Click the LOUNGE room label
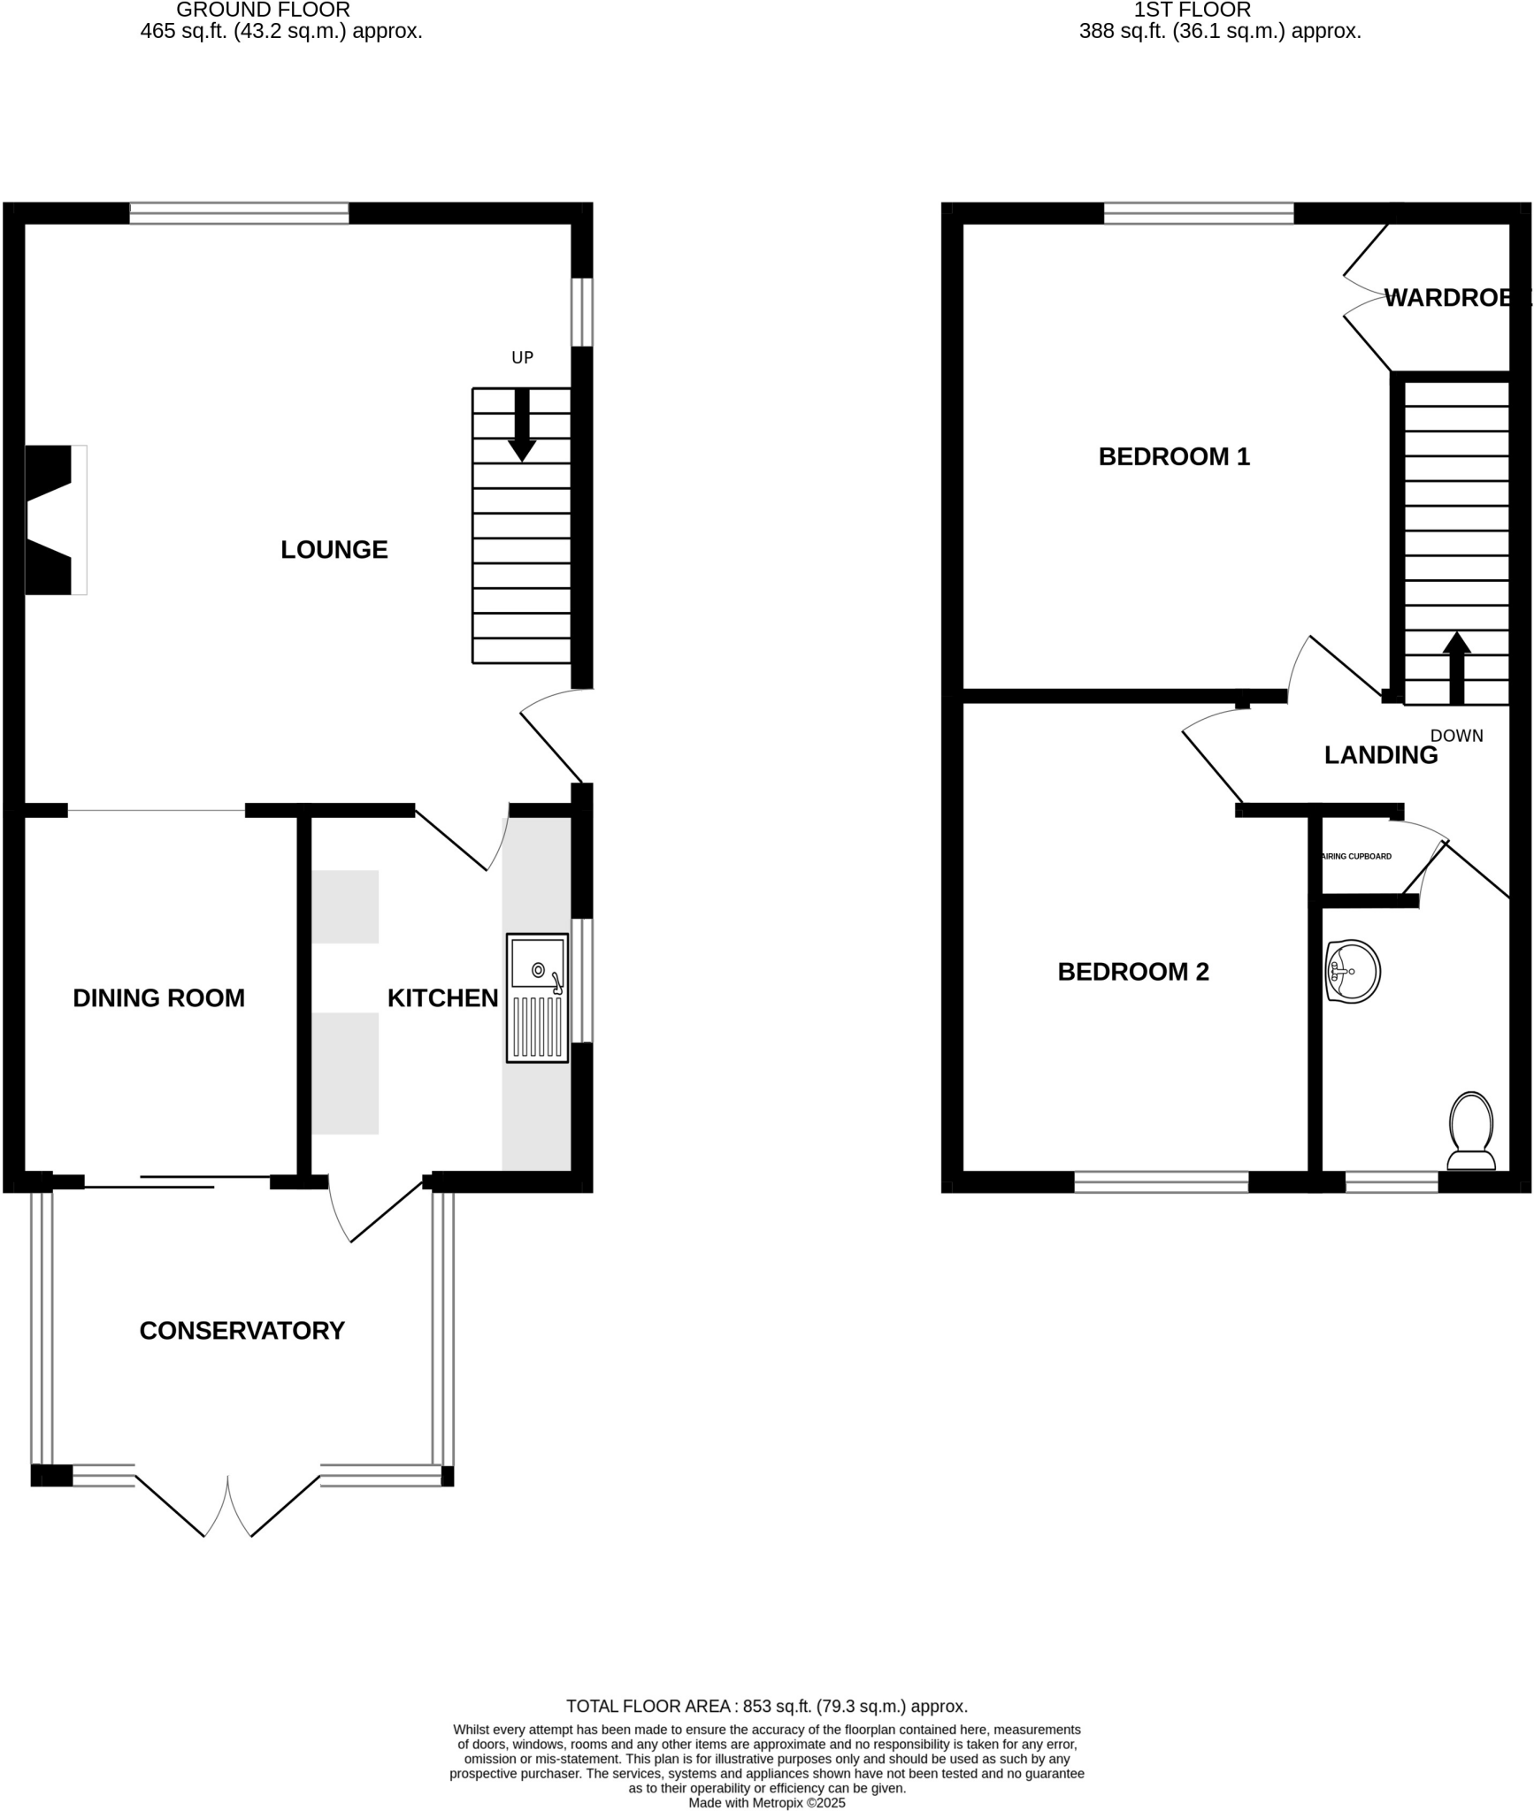pos(334,550)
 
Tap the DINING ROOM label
pos(158,998)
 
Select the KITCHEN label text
pos(442,998)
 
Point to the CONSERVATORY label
pos(242,1331)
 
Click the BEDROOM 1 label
pos(1174,456)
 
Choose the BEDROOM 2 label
pos(1132,972)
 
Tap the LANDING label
pos(1380,755)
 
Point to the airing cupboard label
pos(1356,856)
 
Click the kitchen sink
pos(537,997)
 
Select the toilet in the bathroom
pos(1471,1131)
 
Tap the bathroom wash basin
pos(1353,971)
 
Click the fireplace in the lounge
pos(53,520)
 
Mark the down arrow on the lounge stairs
pos(522,424)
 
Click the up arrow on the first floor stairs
pos(1456,668)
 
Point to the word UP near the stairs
pos(522,357)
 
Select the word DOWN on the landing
pos(1456,736)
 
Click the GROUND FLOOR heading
pos(263,11)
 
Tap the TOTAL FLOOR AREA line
pos(766,1707)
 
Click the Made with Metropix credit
pos(766,1802)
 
